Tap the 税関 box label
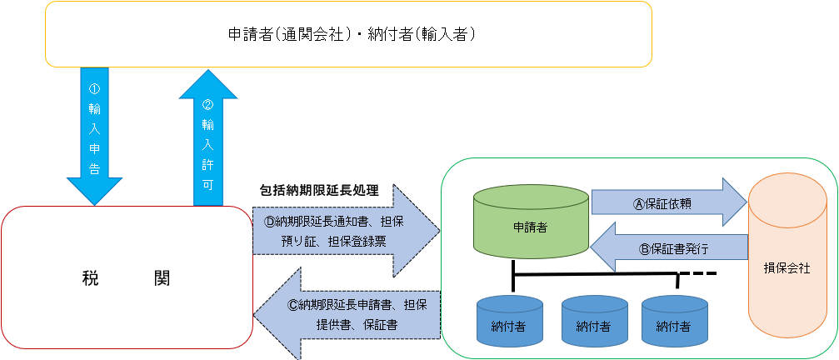pyautogui.click(x=127, y=278)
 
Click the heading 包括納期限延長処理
pyautogui.click(x=319, y=190)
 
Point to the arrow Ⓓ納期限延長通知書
pyautogui.click(x=345, y=230)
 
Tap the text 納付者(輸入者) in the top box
pyautogui.click(x=426, y=35)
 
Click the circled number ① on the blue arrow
pyautogui.click(x=94, y=87)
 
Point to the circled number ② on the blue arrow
pyautogui.click(x=208, y=105)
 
